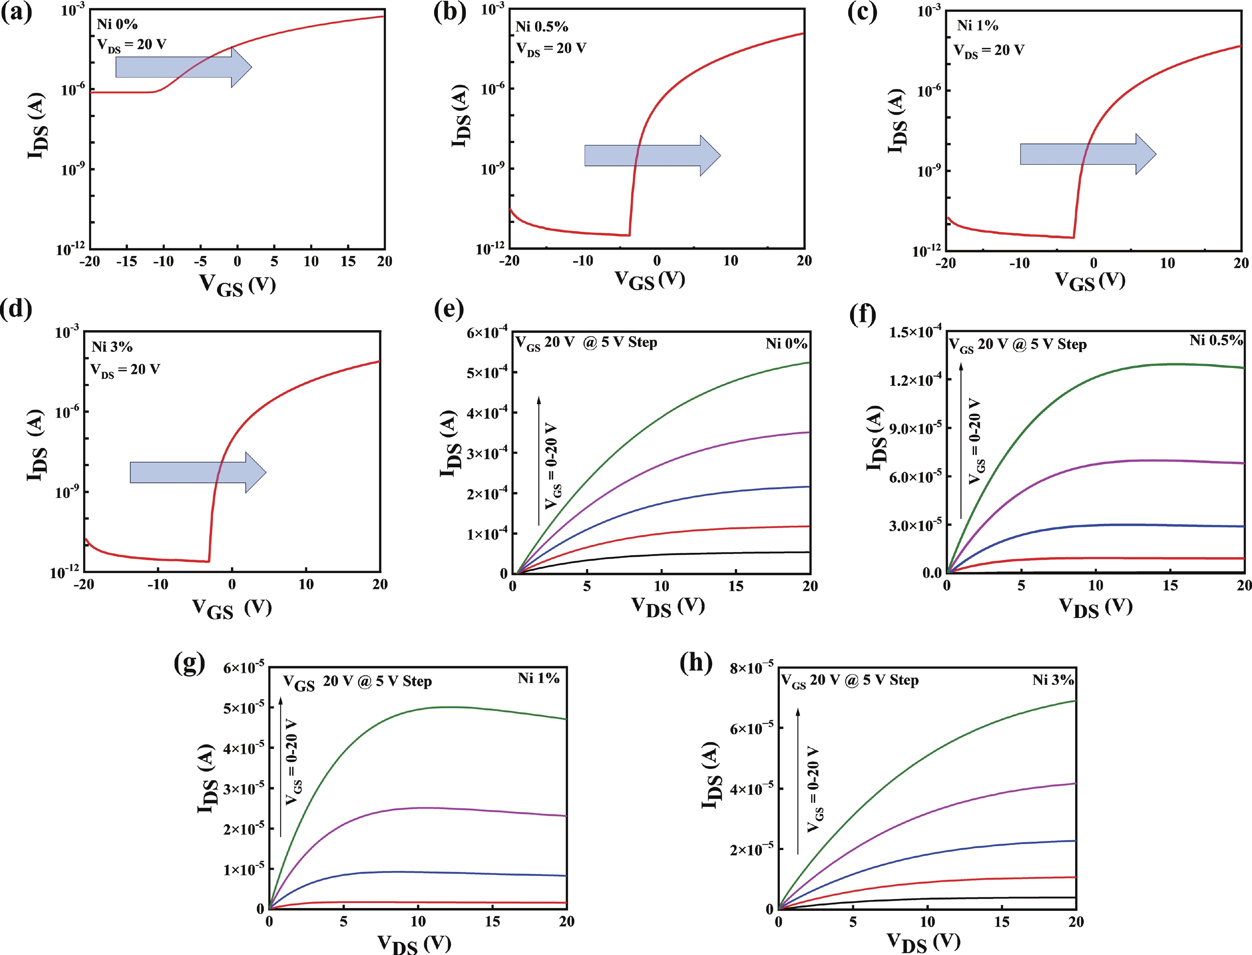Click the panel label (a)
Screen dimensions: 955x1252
16,12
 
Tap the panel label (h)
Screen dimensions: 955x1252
696,663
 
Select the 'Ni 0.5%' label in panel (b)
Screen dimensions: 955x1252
541,27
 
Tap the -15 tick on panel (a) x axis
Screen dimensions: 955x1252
126,262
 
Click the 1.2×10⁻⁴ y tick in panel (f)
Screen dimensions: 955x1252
915,379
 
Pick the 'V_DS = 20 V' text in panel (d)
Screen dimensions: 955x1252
125,370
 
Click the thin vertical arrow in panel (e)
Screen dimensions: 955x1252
539,461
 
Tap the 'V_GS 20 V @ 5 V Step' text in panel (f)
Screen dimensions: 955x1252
1018,345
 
